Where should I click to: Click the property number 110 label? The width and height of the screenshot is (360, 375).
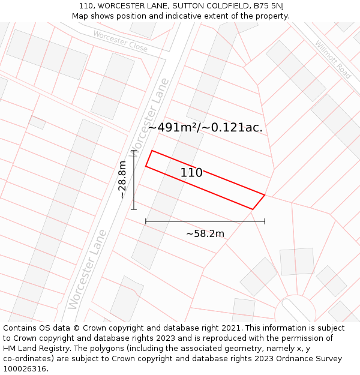[x=191, y=173]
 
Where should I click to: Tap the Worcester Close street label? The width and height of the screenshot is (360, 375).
[x=120, y=40]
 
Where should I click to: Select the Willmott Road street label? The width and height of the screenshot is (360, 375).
[x=332, y=59]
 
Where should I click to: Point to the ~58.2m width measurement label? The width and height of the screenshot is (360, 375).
[x=205, y=233]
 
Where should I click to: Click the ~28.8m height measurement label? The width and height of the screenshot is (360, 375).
[x=122, y=179]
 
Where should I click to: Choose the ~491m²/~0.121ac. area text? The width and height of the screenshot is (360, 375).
[x=205, y=127]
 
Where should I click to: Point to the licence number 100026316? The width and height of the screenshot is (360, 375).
[x=25, y=369]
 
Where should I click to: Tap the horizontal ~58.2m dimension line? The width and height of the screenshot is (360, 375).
[x=205, y=221]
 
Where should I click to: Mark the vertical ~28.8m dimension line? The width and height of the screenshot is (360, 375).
[x=133, y=179]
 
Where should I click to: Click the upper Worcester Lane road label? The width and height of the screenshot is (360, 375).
[x=151, y=118]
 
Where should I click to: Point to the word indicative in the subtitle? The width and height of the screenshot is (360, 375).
[x=203, y=16]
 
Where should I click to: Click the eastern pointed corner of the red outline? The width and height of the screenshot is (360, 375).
[x=265, y=194]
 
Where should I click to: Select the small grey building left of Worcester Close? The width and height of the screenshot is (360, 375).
[x=37, y=122]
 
